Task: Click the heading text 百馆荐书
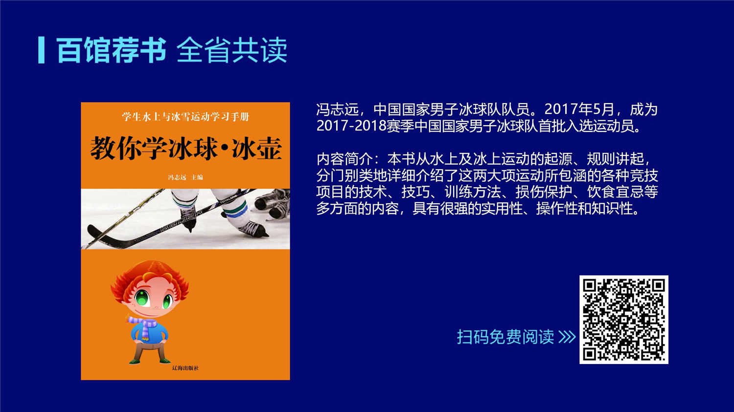tap(112, 50)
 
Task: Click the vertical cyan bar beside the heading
tap(41, 50)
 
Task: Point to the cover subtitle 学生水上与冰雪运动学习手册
tap(185, 116)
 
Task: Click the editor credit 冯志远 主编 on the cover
tap(185, 177)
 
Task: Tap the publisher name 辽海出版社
tap(185, 368)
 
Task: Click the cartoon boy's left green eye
tap(142, 297)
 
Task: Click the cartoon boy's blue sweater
tap(149, 332)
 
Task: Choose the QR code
tap(624, 320)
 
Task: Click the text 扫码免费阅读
tap(505, 336)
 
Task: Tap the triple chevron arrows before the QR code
tap(567, 336)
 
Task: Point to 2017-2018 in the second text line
tap(351, 126)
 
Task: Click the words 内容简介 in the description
tap(344, 159)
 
